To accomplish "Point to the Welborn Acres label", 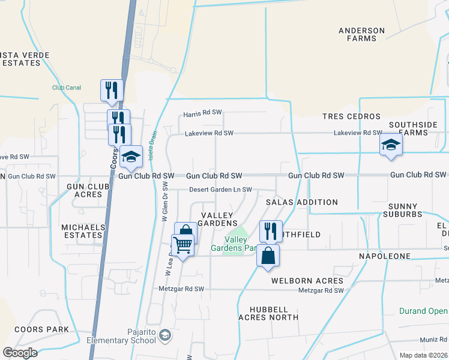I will [307, 281].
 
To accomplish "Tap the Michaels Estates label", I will [83, 231].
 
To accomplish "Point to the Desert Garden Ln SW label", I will [220, 190].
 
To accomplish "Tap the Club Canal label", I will [66, 88].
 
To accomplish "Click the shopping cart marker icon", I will [182, 244].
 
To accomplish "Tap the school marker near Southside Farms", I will [391, 145].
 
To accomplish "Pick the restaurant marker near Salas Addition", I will [271, 230].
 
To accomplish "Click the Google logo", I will [20, 352].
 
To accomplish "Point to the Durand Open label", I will [423, 311].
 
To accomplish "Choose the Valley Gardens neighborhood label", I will [220, 219].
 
